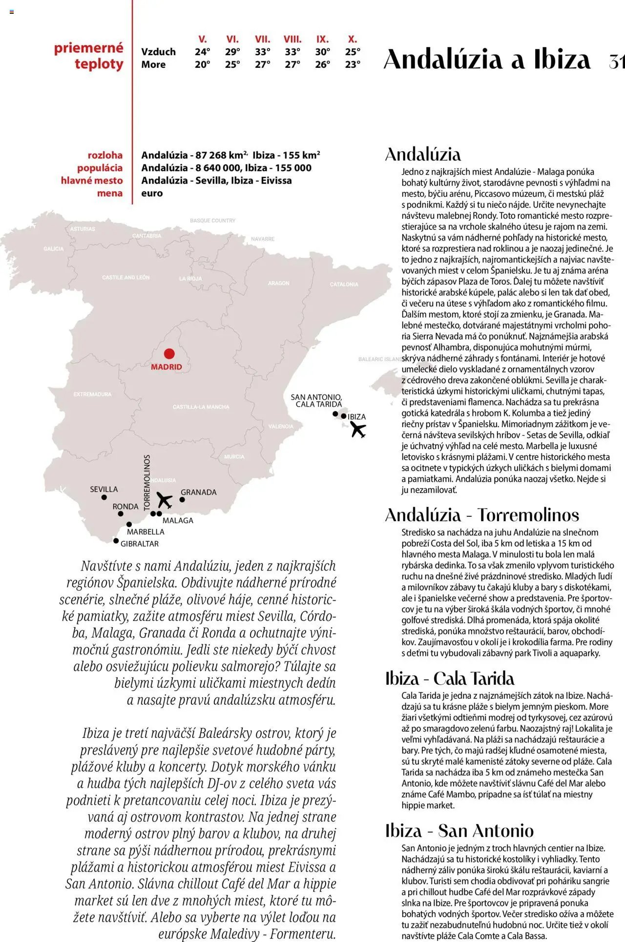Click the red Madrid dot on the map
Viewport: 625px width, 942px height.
(x=169, y=354)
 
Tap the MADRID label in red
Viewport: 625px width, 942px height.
(x=166, y=367)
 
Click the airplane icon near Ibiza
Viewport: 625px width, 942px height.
(x=358, y=430)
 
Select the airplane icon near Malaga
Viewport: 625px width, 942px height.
(x=165, y=500)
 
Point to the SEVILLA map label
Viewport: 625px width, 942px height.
(x=104, y=489)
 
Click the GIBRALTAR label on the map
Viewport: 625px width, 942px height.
(x=140, y=544)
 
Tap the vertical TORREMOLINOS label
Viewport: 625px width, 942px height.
(x=147, y=483)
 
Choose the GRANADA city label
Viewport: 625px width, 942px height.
(x=198, y=492)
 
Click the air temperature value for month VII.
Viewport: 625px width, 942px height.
(x=262, y=52)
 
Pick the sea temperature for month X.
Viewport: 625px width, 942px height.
(x=353, y=64)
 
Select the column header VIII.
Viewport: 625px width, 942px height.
(x=292, y=39)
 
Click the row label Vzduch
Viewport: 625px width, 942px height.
(x=158, y=52)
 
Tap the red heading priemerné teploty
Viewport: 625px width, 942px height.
(x=89, y=56)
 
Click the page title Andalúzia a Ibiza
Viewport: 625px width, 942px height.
(x=487, y=60)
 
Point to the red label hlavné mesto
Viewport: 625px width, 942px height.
(x=92, y=181)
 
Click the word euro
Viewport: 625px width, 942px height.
(x=152, y=193)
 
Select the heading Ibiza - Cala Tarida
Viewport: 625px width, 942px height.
(x=449, y=678)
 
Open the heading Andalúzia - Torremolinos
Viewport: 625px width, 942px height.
(x=482, y=515)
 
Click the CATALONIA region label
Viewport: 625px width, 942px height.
(x=344, y=284)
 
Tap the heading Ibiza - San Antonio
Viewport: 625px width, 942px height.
(x=459, y=831)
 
